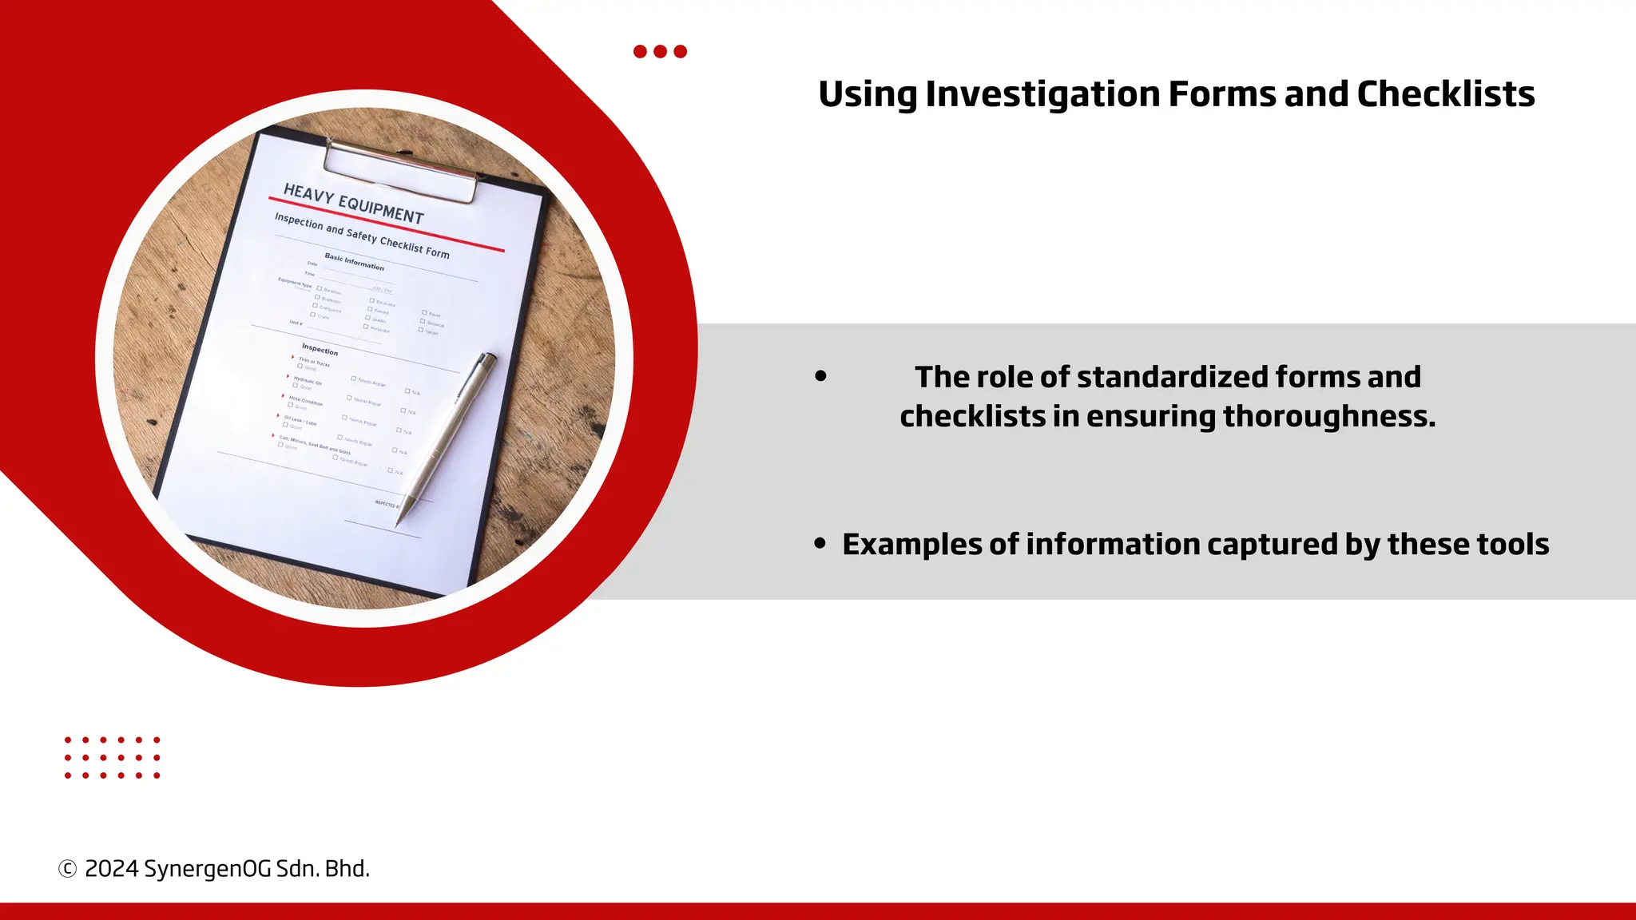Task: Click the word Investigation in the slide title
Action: tap(1042, 94)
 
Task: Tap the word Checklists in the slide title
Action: tap(1446, 94)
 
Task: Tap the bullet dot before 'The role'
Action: tap(820, 376)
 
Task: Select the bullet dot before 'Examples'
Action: tap(820, 544)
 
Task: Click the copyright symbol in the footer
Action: tap(68, 869)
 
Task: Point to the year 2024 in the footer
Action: tap(111, 869)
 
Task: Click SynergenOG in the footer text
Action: tap(207, 869)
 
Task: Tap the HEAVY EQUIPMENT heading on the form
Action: tap(354, 204)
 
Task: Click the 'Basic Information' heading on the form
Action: tap(354, 262)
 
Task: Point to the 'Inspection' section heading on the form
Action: tap(320, 349)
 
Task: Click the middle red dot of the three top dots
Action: tap(660, 52)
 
